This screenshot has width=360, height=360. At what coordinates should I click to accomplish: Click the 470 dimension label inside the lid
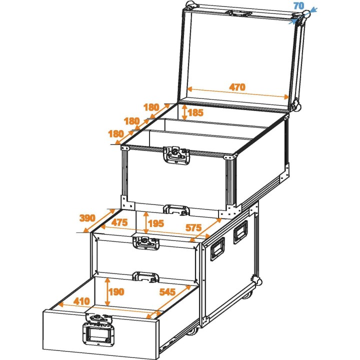pyautogui.click(x=237, y=87)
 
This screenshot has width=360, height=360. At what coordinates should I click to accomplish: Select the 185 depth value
pyautogui.click(x=196, y=112)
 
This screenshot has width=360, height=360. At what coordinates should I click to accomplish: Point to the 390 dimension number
pyautogui.click(x=87, y=218)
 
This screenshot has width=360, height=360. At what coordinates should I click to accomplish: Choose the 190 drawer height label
pyautogui.click(x=116, y=292)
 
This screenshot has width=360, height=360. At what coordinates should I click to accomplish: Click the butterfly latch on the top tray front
pyautogui.click(x=175, y=154)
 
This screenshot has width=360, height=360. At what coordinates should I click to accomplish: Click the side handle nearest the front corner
pyautogui.click(x=217, y=248)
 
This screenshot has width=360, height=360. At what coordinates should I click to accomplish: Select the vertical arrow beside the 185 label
pyautogui.click(x=185, y=112)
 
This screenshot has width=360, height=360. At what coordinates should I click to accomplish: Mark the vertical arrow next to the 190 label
pyautogui.click(x=107, y=291)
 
